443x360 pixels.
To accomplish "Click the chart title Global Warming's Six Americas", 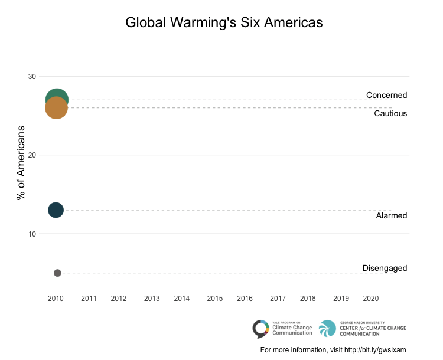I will click(224, 22).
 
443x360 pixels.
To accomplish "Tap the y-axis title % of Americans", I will click(21, 163).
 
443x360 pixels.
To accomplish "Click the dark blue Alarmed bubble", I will click(56, 210).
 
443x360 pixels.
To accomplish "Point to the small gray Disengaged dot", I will click(57, 273).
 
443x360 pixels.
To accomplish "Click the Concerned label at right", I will click(386, 95).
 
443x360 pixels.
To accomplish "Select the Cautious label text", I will click(390, 113).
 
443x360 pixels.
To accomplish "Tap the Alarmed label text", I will click(392, 215).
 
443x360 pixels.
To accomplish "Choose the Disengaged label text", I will click(385, 268).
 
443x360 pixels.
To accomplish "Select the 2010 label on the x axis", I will click(56, 299).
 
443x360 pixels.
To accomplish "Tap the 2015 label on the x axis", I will click(215, 299).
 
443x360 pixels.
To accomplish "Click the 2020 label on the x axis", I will click(371, 299).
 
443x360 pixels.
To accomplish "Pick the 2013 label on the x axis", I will click(152, 299).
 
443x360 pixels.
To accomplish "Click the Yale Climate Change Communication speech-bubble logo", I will click(260, 328).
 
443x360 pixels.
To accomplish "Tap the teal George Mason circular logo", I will click(327, 328).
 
